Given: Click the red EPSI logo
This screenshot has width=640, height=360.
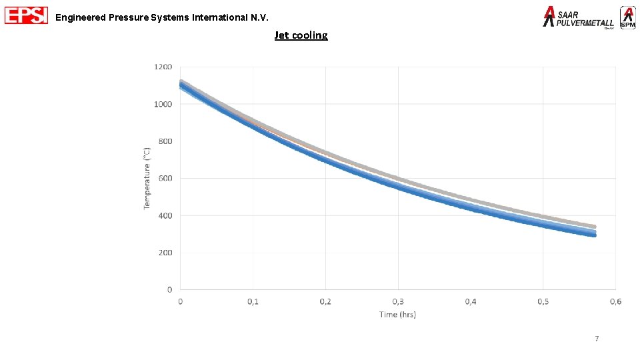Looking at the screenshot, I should [x=26, y=15].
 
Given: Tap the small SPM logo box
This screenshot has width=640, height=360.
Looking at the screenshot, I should [x=627, y=17].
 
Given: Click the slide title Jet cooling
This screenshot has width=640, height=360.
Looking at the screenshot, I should [x=301, y=35].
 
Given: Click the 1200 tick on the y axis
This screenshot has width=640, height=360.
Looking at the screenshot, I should [x=163, y=67].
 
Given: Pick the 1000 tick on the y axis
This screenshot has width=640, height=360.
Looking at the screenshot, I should [x=163, y=105].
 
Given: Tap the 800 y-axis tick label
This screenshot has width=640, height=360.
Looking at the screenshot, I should [x=165, y=141].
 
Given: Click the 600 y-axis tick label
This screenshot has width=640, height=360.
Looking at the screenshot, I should [x=165, y=179].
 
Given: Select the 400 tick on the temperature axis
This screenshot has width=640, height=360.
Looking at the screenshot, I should [x=165, y=215].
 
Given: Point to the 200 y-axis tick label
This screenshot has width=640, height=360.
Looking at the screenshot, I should [x=165, y=253].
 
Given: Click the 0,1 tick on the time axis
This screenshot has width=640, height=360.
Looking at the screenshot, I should [x=253, y=302].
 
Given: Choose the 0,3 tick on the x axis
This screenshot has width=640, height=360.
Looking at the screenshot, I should [x=398, y=302].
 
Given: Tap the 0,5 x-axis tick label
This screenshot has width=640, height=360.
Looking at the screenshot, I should [x=543, y=302].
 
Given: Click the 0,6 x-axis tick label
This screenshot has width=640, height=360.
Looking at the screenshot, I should [x=615, y=302].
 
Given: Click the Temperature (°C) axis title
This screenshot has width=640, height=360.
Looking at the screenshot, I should [x=147, y=178].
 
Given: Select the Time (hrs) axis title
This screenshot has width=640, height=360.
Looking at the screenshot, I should [x=397, y=314].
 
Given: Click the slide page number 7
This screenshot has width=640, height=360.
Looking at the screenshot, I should [x=597, y=339].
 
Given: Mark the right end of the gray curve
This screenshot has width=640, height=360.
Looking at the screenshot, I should [x=593, y=227].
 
